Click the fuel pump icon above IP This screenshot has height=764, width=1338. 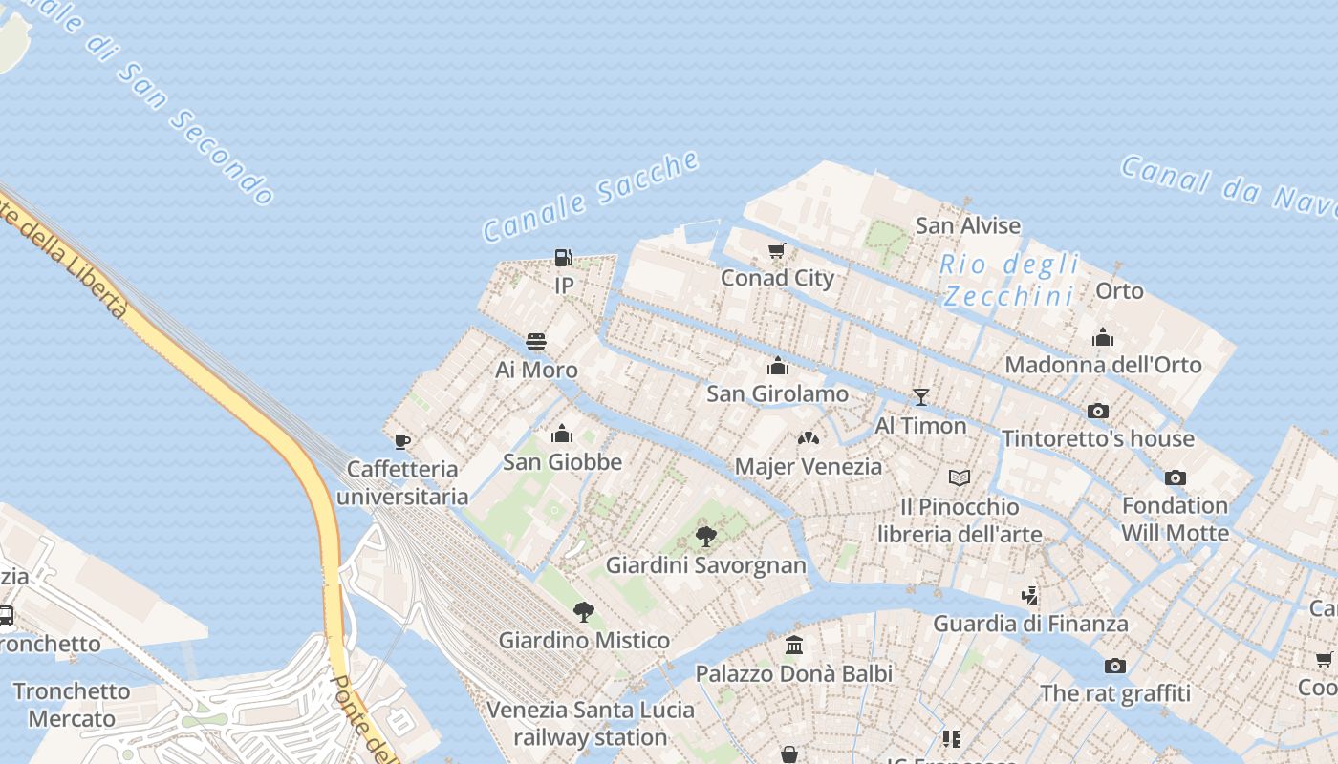click(564, 257)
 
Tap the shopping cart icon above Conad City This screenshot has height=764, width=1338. click(777, 251)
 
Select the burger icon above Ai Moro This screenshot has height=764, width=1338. click(536, 342)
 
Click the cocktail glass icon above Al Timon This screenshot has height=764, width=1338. click(921, 397)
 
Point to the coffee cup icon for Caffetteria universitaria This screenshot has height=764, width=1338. click(402, 441)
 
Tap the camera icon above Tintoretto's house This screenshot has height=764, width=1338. click(1098, 411)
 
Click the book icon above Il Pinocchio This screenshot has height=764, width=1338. click(960, 477)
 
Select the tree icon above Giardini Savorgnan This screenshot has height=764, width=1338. click(706, 537)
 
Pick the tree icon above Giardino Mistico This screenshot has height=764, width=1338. click(584, 612)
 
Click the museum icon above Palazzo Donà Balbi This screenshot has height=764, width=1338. click(794, 646)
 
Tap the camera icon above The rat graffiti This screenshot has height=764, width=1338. click(1115, 666)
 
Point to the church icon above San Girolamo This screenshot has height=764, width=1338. click(778, 366)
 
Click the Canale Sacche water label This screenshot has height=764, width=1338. click(592, 196)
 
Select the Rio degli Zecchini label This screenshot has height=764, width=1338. click(1009, 280)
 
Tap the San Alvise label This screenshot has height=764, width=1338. click(968, 225)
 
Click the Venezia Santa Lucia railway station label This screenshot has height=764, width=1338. click(591, 724)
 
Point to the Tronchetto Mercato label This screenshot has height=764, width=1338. click(72, 705)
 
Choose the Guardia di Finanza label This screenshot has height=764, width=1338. click(1030, 624)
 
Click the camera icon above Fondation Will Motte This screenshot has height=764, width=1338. click(1176, 477)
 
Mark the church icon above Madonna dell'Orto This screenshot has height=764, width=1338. click(1103, 337)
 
